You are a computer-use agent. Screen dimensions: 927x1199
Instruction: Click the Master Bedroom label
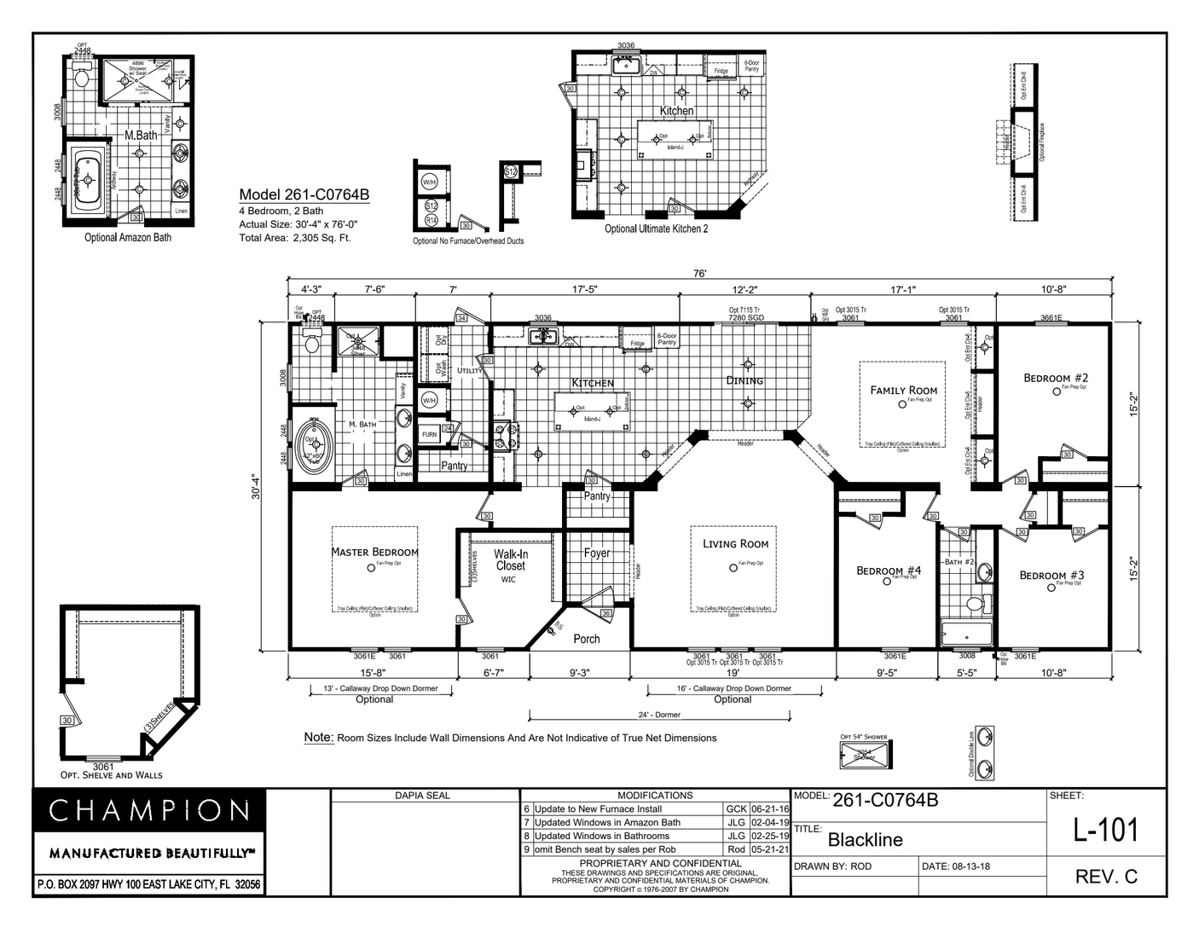[x=374, y=552]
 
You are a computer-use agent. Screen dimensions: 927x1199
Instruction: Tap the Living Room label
[x=735, y=543]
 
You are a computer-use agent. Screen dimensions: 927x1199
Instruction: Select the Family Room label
[x=903, y=390]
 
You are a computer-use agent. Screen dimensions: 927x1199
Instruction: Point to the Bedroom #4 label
[x=889, y=571]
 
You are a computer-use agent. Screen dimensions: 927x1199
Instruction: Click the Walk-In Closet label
[x=510, y=559]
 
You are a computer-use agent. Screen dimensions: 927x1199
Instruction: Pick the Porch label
[x=586, y=639]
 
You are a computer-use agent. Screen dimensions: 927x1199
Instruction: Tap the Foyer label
[x=597, y=553]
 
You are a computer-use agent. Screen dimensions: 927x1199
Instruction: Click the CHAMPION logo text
[x=149, y=810]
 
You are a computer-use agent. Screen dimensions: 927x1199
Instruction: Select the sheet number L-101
[x=1105, y=829]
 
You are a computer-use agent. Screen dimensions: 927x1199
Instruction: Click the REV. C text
[x=1106, y=877]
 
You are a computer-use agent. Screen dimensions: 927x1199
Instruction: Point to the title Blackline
[x=865, y=839]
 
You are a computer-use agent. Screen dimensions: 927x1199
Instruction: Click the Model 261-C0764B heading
[x=304, y=194]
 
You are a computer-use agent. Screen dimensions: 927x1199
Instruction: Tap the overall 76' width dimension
[x=699, y=274]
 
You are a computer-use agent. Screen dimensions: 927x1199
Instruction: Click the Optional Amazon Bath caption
[x=127, y=237]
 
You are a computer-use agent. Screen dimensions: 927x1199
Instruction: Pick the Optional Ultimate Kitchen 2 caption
[x=656, y=229]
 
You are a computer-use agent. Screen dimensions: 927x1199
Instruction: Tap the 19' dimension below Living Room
[x=733, y=673]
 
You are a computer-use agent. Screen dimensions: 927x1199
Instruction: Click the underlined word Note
[x=318, y=737]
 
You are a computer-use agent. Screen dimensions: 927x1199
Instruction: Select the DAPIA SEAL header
[x=422, y=795]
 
